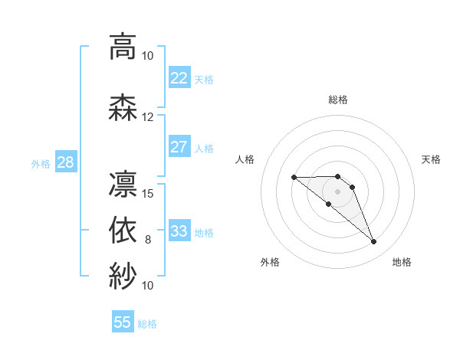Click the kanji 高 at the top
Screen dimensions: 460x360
tap(123, 47)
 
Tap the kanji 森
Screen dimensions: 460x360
tap(123, 107)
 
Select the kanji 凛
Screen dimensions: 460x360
tap(123, 184)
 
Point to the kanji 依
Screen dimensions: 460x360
tap(123, 230)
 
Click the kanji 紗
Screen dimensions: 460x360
tap(123, 276)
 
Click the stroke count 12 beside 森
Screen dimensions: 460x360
tap(147, 117)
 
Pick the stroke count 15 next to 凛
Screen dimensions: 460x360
tap(147, 194)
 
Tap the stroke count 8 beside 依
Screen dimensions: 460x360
tap(148, 240)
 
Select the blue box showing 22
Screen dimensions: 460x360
tap(179, 77)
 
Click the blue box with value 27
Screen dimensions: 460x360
tap(179, 146)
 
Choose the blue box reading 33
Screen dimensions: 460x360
tap(179, 230)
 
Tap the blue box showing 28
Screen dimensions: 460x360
tap(66, 162)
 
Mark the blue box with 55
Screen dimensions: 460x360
tap(123, 321)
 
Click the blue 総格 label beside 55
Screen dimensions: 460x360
tap(147, 324)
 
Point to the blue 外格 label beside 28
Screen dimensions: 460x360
tap(41, 164)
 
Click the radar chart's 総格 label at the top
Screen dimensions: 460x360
tap(338, 100)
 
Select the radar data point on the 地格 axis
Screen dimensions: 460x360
tap(374, 241)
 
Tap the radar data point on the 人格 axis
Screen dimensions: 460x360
tap(294, 178)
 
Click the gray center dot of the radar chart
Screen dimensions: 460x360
tap(337, 191)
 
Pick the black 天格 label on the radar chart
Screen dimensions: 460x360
tap(431, 159)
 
